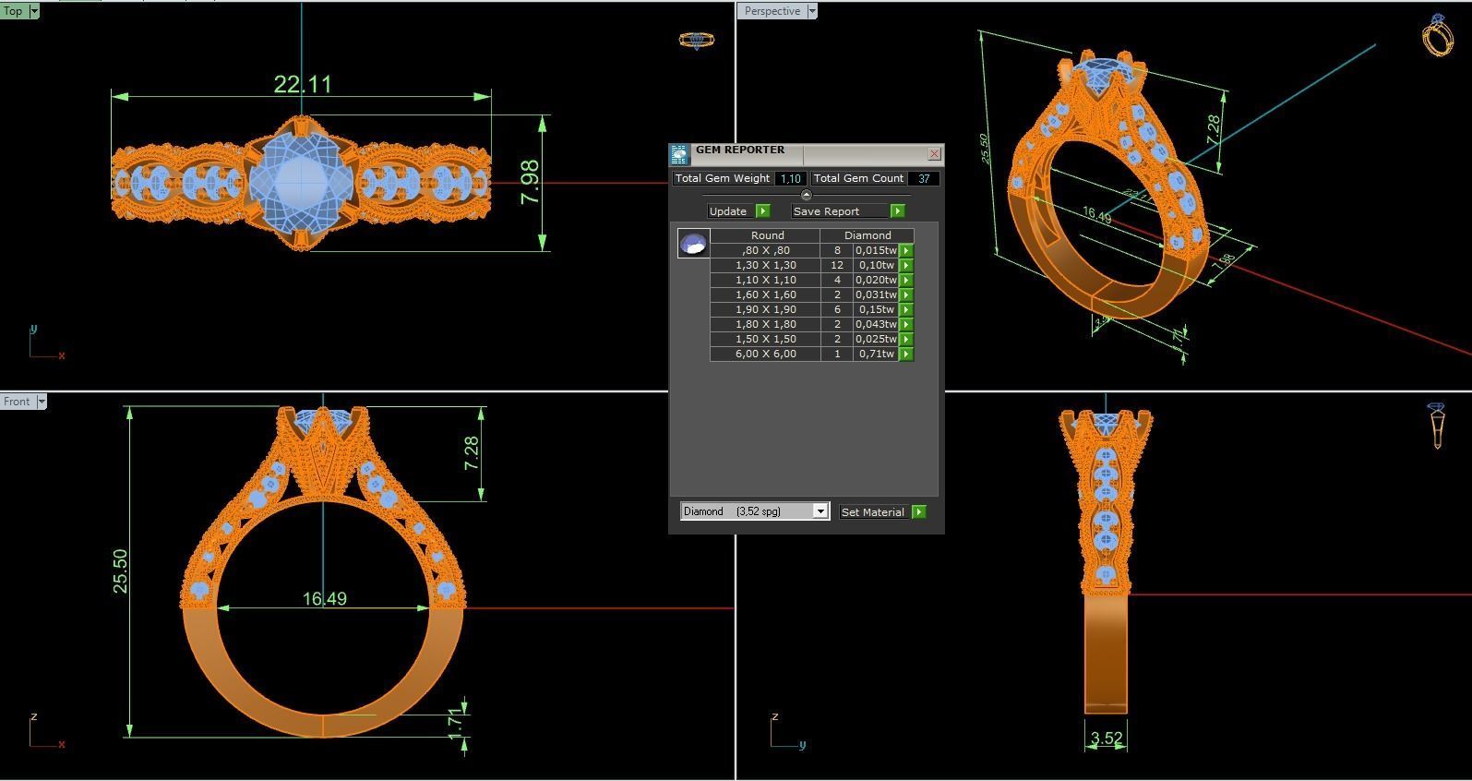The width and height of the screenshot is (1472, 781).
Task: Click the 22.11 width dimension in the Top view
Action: pyautogui.click(x=302, y=85)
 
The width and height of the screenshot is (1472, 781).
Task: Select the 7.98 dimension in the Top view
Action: pyautogui.click(x=530, y=182)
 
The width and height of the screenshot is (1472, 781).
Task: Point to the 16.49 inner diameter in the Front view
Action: pyautogui.click(x=325, y=599)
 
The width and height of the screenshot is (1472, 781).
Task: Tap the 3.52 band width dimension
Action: pyautogui.click(x=1106, y=739)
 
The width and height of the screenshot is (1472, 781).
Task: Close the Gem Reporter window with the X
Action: pyautogui.click(x=934, y=154)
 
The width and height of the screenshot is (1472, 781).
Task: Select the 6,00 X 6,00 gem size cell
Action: pyautogui.click(x=765, y=354)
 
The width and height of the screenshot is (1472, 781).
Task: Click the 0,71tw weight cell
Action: pyautogui.click(x=876, y=354)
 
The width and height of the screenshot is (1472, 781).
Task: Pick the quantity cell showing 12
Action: pyautogui.click(x=837, y=265)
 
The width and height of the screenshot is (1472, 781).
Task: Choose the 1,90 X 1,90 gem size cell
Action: pyautogui.click(x=765, y=309)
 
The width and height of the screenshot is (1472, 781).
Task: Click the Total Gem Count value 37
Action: pyautogui.click(x=923, y=179)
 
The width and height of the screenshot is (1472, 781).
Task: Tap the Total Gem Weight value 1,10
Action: pyautogui.click(x=790, y=179)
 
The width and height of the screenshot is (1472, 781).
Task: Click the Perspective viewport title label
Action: pyautogui.click(x=772, y=11)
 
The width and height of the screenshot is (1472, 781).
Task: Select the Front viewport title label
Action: pyautogui.click(x=17, y=402)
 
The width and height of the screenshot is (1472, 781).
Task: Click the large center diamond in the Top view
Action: pyautogui.click(x=300, y=181)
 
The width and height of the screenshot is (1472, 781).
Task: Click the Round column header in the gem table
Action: pyautogui.click(x=767, y=235)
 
